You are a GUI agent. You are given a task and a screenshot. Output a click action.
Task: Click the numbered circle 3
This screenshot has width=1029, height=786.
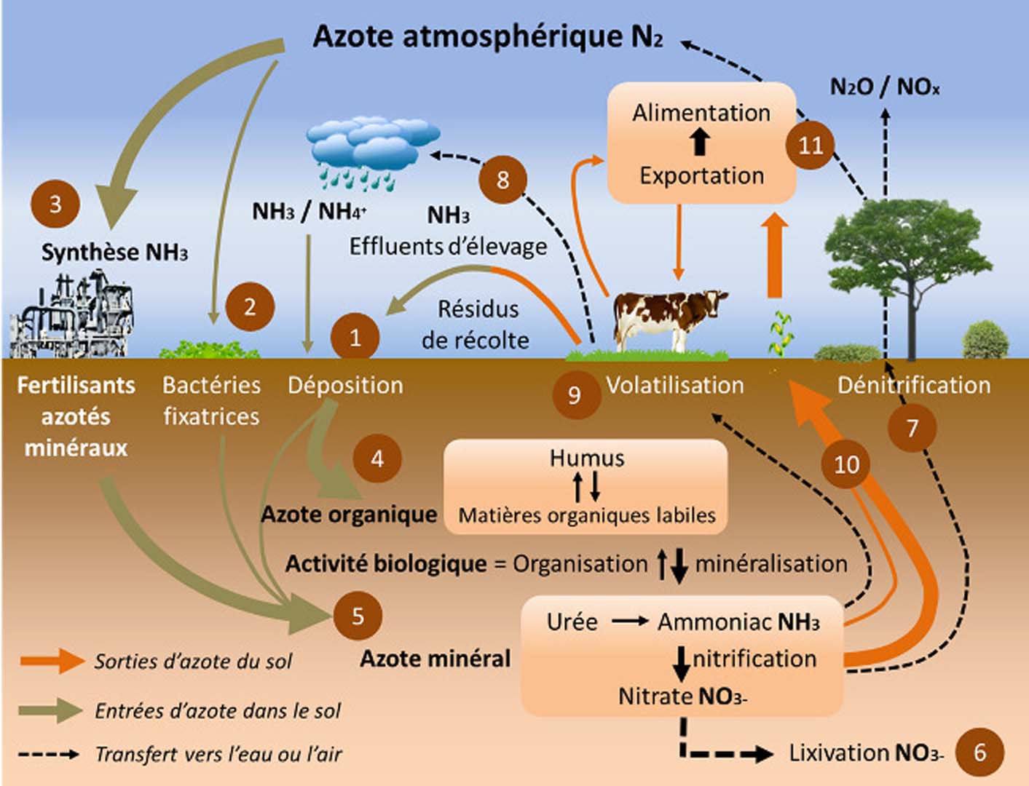pos(55,205)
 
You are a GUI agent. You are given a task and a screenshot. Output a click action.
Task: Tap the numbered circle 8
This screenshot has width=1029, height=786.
pos(502,179)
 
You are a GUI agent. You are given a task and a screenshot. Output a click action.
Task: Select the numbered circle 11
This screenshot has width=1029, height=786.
pos(810,145)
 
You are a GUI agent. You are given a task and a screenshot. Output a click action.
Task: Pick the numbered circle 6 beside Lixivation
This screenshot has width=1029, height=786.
pos(979,752)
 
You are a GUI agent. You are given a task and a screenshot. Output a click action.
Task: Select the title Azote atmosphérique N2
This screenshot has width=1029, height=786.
pos(487,36)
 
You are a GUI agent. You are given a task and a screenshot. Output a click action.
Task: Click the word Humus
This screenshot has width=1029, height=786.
pos(586,458)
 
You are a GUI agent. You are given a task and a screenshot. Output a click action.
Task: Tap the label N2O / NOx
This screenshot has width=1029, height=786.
pos(885,87)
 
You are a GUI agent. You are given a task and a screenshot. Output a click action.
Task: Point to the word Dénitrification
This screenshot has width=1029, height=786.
pos(913,384)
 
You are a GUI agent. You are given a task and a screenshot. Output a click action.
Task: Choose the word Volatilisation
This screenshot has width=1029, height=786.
pos(674,384)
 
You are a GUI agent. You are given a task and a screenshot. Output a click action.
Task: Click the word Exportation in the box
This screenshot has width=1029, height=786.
pos(701,175)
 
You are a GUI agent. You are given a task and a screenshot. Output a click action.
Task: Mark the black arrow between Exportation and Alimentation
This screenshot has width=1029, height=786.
pos(700,142)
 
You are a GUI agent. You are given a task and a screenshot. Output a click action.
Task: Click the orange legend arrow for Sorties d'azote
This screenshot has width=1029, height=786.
pos(52,661)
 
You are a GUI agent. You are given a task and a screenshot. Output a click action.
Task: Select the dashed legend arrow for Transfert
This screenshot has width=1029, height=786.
pos(49,754)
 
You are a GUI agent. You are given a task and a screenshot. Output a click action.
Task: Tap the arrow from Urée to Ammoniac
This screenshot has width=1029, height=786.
pos(629,621)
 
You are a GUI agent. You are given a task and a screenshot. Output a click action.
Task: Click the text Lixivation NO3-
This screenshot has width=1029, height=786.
pos(866,753)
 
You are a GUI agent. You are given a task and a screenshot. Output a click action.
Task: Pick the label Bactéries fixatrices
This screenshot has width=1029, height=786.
pos(211,400)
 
